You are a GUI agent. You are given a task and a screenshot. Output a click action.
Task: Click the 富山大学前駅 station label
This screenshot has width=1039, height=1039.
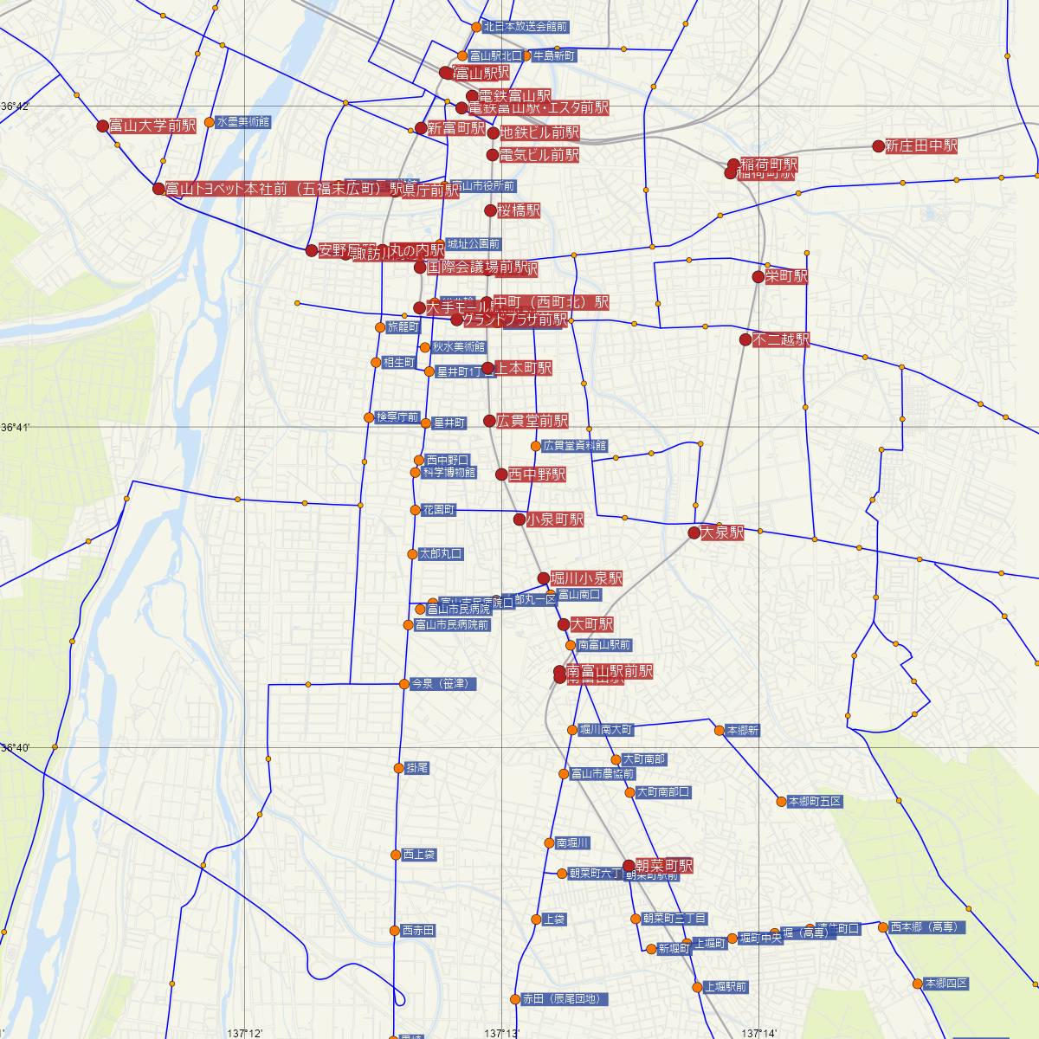pos(152,126)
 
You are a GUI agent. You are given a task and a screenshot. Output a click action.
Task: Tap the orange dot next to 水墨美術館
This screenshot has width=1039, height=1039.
pos(209,122)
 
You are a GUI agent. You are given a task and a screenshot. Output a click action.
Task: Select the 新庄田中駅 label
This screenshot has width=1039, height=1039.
pos(921,147)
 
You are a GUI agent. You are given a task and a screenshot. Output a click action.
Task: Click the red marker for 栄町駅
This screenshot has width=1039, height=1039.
pos(758,277)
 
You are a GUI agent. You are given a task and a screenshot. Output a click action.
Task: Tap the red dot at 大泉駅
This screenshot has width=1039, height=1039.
pos(694,532)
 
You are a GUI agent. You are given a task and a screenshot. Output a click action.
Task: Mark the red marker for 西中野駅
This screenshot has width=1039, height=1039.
pos(501,474)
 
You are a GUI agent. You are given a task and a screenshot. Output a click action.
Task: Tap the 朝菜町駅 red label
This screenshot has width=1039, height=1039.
pos(664,866)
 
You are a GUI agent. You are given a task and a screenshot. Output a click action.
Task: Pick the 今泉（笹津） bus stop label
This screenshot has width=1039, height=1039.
pos(443,684)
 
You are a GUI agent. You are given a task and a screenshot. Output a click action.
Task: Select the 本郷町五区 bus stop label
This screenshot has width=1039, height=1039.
pos(815,802)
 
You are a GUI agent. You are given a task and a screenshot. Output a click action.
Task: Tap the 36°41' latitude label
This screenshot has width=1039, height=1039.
pos(16,428)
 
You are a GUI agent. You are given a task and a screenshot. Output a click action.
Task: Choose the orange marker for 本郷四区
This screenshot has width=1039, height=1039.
pos(917,984)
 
